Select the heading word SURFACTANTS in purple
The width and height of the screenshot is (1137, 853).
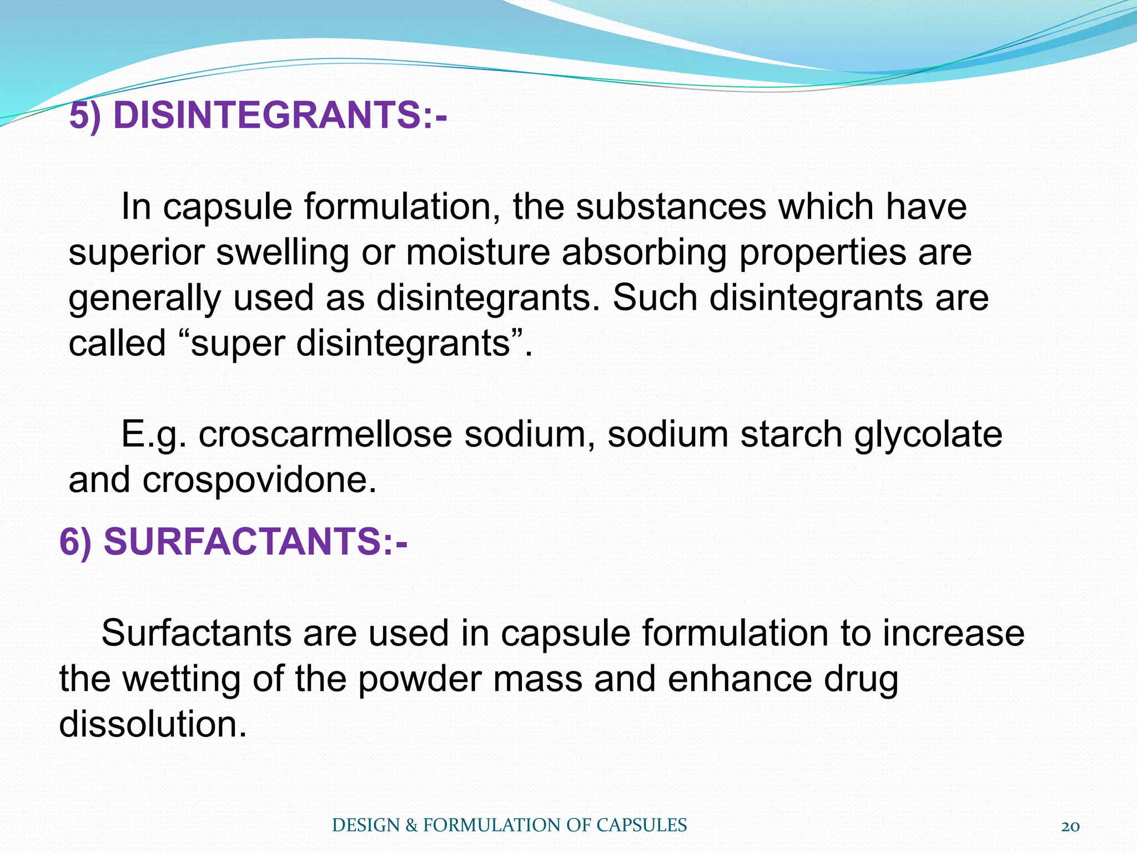[x=243, y=541]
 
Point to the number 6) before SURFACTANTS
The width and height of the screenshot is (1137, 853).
[x=75, y=541]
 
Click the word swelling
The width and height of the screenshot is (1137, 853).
[x=282, y=253]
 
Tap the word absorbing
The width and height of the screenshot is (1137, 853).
[x=644, y=253]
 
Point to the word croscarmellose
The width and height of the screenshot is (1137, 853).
[x=325, y=434]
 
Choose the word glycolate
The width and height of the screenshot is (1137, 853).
[x=928, y=434]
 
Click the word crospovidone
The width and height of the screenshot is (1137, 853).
[x=259, y=479]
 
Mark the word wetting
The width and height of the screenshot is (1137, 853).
[x=181, y=679]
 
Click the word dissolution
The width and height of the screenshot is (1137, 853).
[x=153, y=724]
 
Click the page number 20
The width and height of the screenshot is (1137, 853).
[x=1070, y=826]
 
